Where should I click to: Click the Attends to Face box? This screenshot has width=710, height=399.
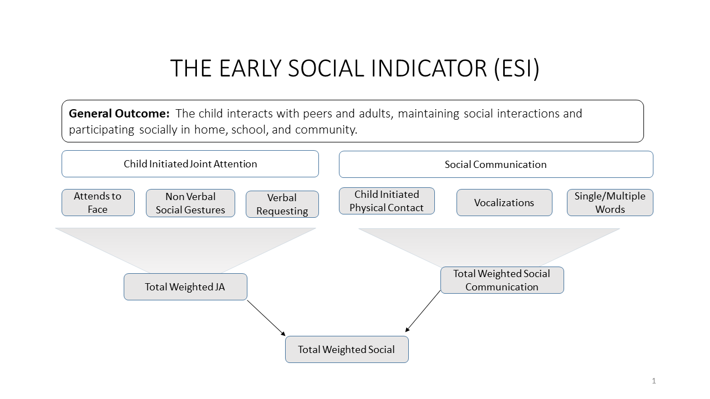click(x=98, y=203)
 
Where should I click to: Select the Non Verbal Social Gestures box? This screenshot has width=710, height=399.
click(x=190, y=203)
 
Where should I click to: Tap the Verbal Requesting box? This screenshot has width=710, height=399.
click(x=282, y=204)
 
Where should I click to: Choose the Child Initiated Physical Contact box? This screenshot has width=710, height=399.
click(x=387, y=201)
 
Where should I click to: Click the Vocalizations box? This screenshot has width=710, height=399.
click(x=504, y=203)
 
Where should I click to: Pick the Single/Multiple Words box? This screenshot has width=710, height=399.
click(x=610, y=203)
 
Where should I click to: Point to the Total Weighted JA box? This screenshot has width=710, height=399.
click(x=185, y=287)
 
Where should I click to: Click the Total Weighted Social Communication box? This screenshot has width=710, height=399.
click(x=502, y=280)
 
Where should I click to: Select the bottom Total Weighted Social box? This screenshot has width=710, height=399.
click(x=347, y=350)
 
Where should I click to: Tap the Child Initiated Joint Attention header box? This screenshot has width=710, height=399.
click(x=190, y=163)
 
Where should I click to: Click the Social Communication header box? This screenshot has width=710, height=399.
click(x=496, y=165)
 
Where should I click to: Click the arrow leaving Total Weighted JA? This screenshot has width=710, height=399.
click(x=266, y=318)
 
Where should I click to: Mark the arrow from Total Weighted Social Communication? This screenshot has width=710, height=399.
click(x=423, y=311)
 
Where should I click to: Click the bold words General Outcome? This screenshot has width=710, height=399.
click(x=119, y=114)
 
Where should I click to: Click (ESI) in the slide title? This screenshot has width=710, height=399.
click(x=516, y=69)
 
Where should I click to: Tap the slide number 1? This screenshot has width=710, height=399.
click(x=653, y=381)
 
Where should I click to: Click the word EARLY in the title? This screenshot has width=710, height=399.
click(x=250, y=68)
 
